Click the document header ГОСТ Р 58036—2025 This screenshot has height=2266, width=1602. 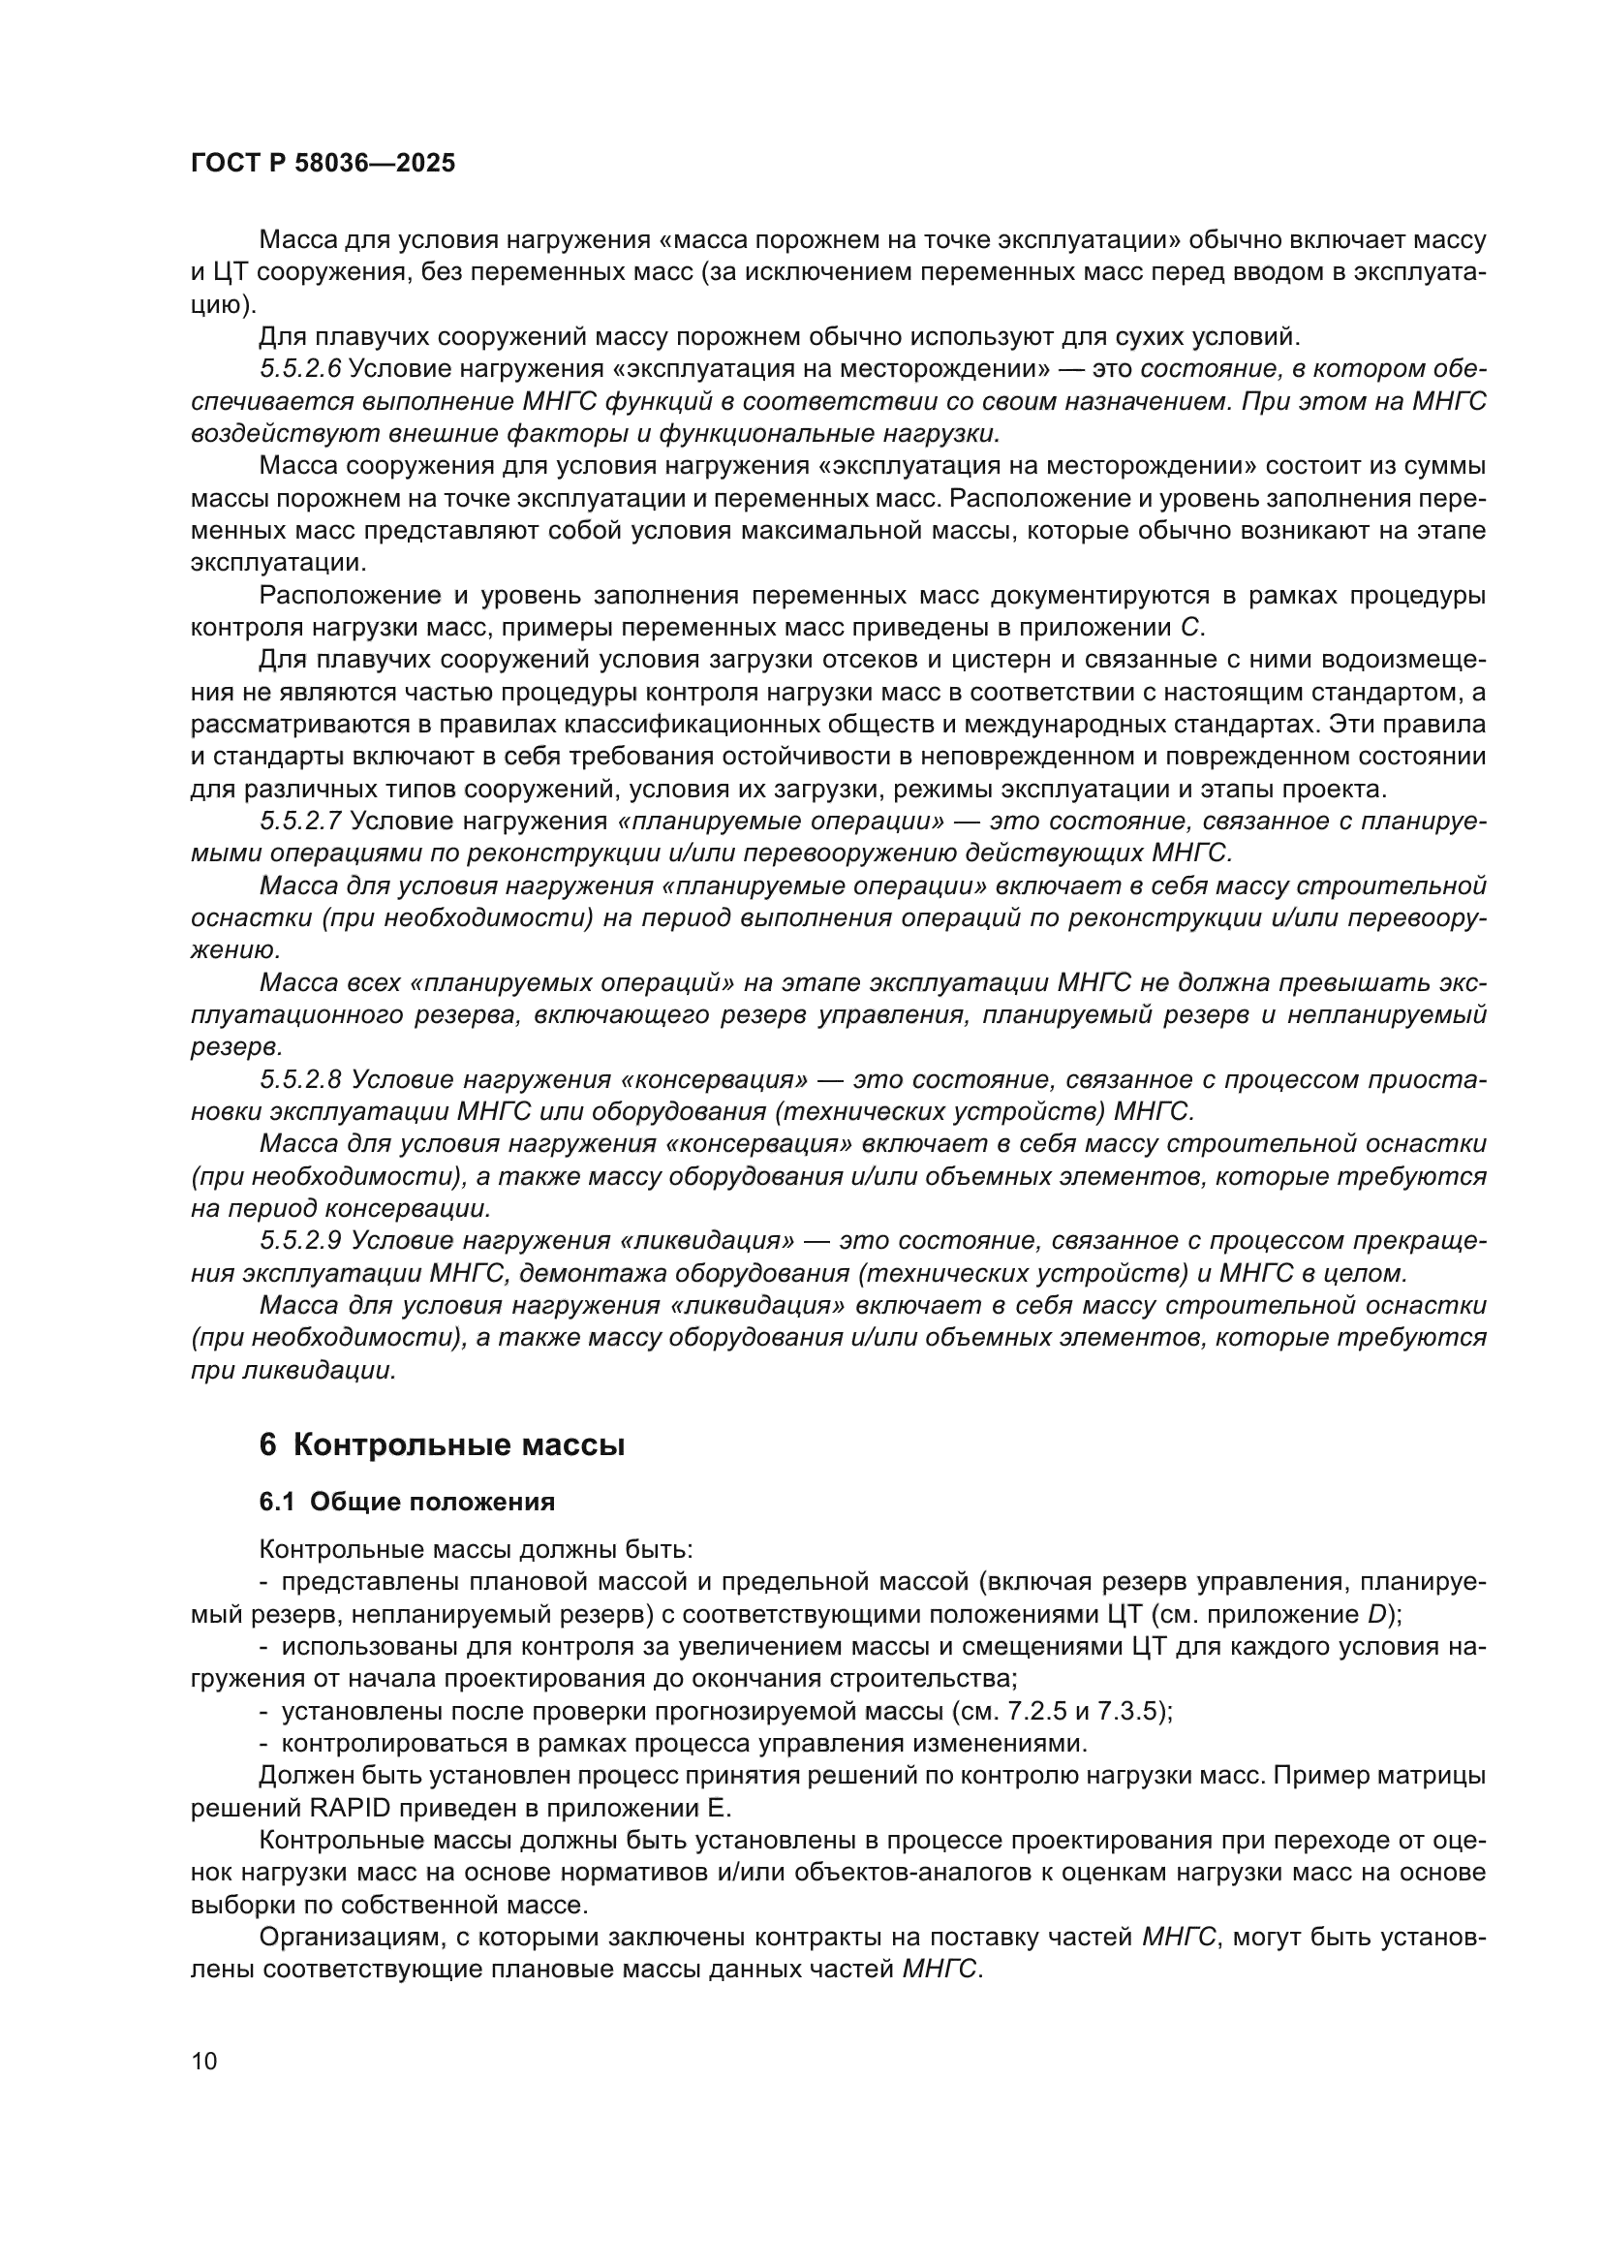(323, 164)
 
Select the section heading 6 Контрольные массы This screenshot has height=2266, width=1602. (442, 1446)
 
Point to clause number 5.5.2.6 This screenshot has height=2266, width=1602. (300, 369)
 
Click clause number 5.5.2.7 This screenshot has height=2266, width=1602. (300, 822)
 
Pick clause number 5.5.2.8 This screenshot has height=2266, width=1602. (300, 1079)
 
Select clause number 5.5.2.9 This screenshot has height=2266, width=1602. (300, 1241)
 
